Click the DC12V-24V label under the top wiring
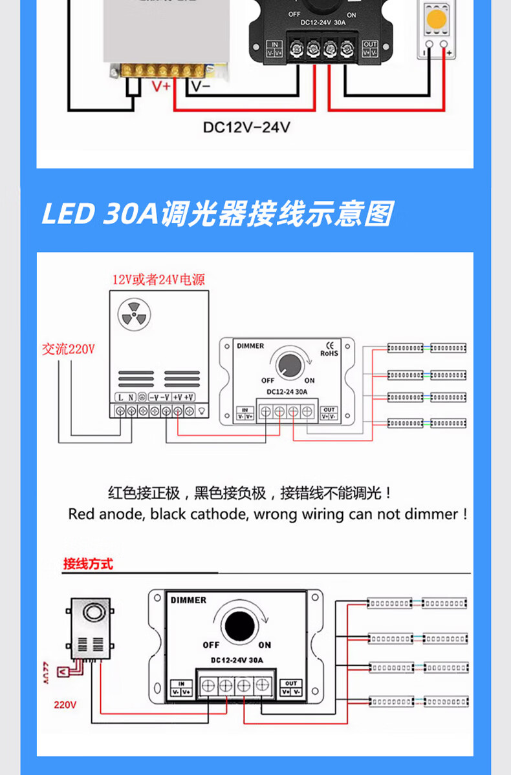(246, 127)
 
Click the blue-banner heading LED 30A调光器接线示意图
(217, 214)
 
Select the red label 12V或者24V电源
(158, 280)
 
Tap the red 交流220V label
(68, 349)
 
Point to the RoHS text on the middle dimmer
(329, 353)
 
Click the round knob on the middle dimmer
(288, 362)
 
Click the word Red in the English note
(81, 515)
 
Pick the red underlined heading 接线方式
(88, 564)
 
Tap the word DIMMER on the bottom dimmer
(189, 600)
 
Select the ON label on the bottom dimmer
(265, 645)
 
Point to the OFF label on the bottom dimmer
(211, 645)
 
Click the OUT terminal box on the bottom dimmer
(292, 688)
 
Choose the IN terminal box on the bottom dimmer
(181, 688)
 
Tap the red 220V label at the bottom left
(65, 705)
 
